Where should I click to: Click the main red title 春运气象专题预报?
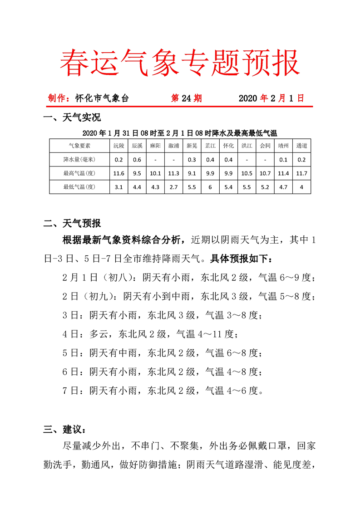click(180, 63)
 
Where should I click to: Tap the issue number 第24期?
click(186, 98)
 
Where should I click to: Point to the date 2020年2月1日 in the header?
click(271, 98)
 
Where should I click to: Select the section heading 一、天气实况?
click(72, 119)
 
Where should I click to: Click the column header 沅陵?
click(119, 146)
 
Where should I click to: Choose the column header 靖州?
click(283, 146)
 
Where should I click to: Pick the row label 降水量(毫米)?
click(79, 159)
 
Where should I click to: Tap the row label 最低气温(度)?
click(79, 186)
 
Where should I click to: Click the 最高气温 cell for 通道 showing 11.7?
click(301, 173)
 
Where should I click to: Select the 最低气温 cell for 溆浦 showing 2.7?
click(173, 186)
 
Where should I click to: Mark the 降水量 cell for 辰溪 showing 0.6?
click(137, 159)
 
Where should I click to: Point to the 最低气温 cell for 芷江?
click(210, 186)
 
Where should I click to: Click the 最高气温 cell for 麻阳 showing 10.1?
click(155, 173)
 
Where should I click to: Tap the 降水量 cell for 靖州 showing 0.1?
click(283, 159)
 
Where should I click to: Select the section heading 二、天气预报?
click(72, 224)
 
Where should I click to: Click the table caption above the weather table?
click(180, 133)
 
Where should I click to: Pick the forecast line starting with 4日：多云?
click(150, 334)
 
